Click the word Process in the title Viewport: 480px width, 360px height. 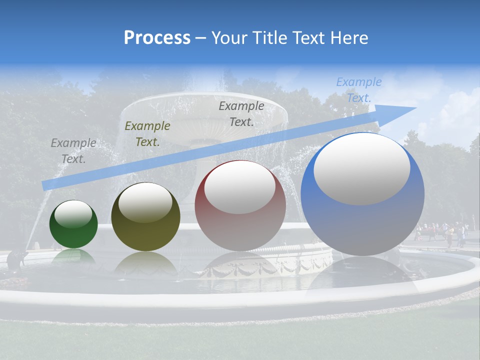tap(157, 38)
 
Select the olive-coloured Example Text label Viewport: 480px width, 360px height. tap(147, 134)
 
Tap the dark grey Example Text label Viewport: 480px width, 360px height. tap(241, 113)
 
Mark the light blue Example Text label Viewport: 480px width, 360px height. tap(358, 90)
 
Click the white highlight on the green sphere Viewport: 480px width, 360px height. tap(73, 214)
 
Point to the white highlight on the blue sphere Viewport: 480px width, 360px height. tap(361, 169)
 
